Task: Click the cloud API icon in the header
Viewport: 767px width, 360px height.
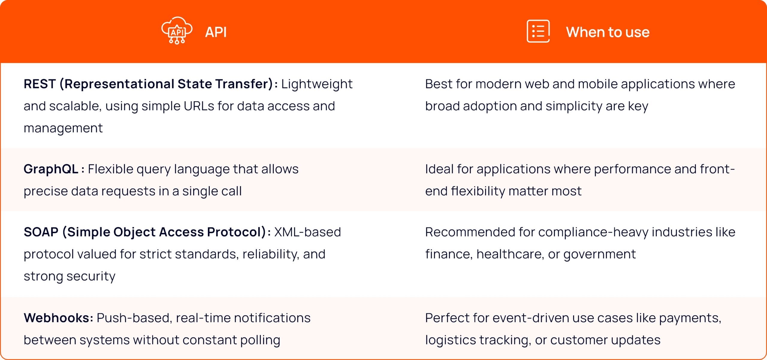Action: [x=177, y=30]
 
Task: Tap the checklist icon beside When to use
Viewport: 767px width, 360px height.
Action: [x=538, y=31]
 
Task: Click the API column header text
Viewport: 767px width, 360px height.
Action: [x=216, y=32]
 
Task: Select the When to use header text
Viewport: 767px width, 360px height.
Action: [x=608, y=32]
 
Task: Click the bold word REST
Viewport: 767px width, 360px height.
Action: [x=40, y=84]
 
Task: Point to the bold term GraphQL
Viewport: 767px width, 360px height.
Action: [x=51, y=169]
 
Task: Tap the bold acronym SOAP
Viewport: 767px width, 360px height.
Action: [x=41, y=232]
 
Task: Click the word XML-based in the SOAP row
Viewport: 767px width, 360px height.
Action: [x=307, y=232]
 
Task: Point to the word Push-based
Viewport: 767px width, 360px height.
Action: [x=135, y=318]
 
